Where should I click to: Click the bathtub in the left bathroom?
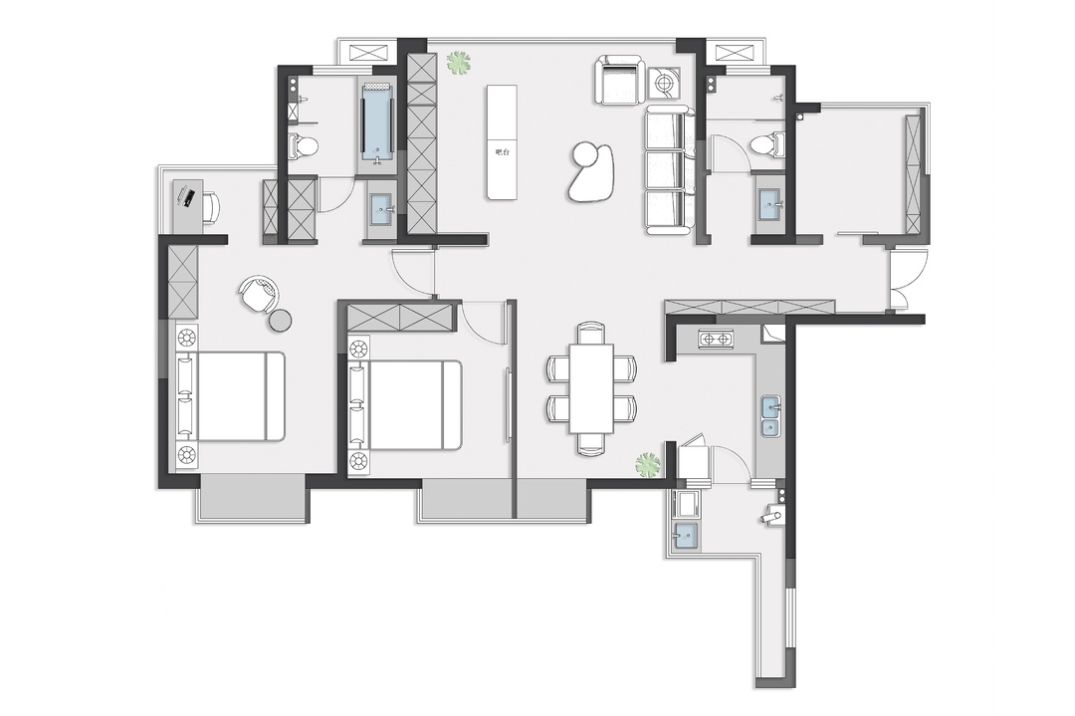pyautogui.click(x=377, y=122)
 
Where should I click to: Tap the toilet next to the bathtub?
pyautogui.click(x=303, y=145)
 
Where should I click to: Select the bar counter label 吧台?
pyautogui.click(x=502, y=152)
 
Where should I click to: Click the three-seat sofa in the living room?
pyautogui.click(x=668, y=171)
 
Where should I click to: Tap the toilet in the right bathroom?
pyautogui.click(x=765, y=145)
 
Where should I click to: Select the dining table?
pyautogui.click(x=591, y=387)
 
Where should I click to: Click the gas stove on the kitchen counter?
pyautogui.click(x=716, y=339)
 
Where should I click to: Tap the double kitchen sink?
pyautogui.click(x=771, y=416)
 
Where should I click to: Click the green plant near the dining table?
pyautogui.click(x=648, y=465)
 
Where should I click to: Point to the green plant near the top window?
pyautogui.click(x=458, y=64)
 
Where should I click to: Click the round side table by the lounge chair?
pyautogui.click(x=281, y=320)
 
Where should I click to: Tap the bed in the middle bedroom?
pyautogui.click(x=404, y=404)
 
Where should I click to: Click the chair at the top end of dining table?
pyautogui.click(x=591, y=332)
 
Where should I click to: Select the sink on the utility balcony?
pyautogui.click(x=686, y=535)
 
